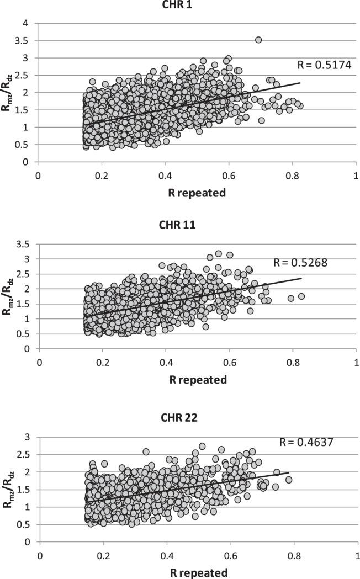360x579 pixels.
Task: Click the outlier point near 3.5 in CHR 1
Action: [258, 40]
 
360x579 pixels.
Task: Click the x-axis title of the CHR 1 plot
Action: [196, 190]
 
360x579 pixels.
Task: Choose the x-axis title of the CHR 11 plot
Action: [197, 380]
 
